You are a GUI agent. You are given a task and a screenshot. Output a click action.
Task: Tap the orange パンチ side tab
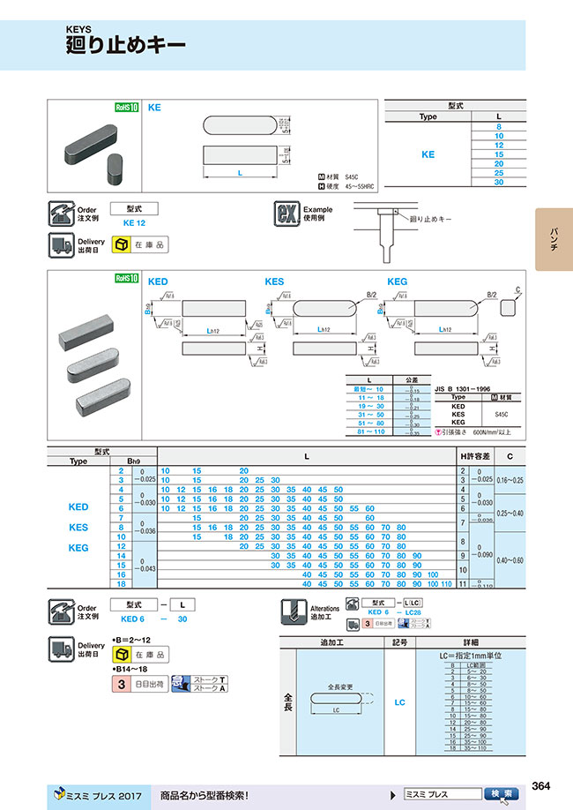[x=553, y=238]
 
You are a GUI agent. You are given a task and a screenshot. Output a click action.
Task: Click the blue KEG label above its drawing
[x=398, y=281]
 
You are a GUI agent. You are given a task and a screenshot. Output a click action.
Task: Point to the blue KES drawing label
[x=275, y=281]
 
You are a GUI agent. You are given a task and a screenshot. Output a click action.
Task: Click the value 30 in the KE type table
[x=499, y=182]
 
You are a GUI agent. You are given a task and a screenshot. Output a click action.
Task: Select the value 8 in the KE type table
[x=499, y=127]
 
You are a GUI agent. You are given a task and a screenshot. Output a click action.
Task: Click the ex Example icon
[x=286, y=214]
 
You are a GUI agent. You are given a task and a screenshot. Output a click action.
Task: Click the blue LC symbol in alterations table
[x=399, y=702]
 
